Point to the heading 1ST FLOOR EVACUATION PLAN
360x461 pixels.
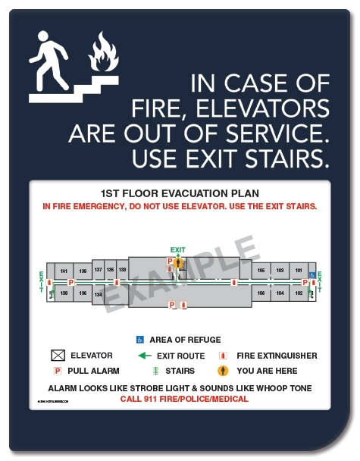tap(180, 193)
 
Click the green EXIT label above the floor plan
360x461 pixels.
tap(177, 249)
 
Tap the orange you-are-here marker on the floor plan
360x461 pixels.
tap(179, 263)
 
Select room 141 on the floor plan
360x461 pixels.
tap(64, 271)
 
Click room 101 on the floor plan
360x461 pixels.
tap(299, 271)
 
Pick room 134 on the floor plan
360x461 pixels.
tap(98, 293)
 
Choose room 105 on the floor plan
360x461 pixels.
tap(261, 271)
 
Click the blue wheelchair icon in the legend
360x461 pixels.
tap(140, 339)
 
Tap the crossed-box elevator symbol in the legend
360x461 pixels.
tap(58, 356)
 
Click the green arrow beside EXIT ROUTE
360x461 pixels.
tap(144, 356)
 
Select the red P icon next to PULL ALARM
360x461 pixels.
tap(57, 372)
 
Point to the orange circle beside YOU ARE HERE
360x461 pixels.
tap(224, 372)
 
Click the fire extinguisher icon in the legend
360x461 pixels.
tap(223, 356)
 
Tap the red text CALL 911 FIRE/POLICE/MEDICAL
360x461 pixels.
tap(184, 399)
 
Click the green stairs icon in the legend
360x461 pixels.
tap(155, 372)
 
